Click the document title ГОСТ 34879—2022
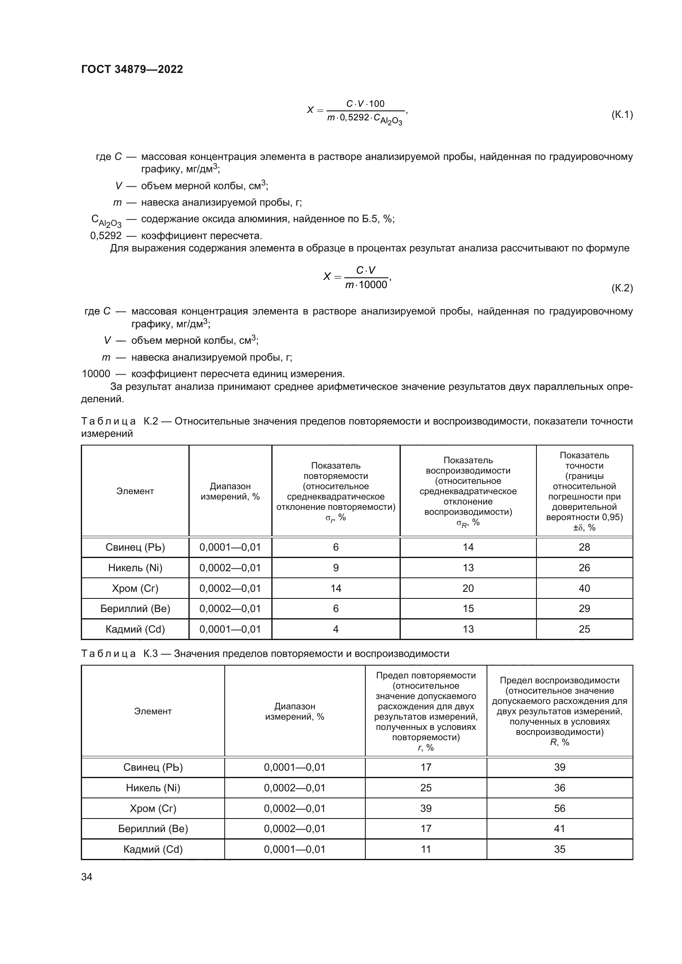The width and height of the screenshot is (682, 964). [x=132, y=69]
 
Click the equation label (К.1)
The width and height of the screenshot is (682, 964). [x=621, y=114]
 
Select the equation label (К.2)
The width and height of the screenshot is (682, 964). [x=621, y=288]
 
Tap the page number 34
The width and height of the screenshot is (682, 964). [x=87, y=877]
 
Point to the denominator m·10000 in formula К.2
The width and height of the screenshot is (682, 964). [x=366, y=285]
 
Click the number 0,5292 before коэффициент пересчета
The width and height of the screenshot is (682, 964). [x=106, y=236]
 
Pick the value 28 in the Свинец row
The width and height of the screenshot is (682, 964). [x=584, y=547]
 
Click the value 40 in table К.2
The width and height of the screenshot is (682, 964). [x=584, y=588]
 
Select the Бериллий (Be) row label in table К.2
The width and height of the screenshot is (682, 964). [x=135, y=609]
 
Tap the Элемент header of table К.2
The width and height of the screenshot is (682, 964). [x=135, y=491]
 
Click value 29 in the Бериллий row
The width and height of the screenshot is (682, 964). [x=584, y=609]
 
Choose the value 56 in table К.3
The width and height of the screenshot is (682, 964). [x=560, y=808]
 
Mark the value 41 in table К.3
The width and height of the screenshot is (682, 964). [x=560, y=828]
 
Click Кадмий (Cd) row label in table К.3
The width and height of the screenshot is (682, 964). [x=153, y=849]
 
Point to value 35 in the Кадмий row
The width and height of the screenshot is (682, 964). [x=560, y=849]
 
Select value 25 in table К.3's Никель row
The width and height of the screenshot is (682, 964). [x=426, y=788]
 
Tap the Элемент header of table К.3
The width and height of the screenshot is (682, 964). [x=153, y=711]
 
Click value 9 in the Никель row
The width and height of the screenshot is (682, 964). [x=336, y=568]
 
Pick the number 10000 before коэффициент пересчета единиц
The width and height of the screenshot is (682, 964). [x=96, y=374]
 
